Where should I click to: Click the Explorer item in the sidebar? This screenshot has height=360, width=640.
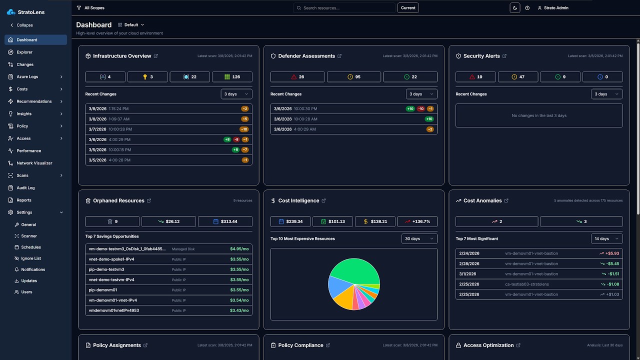click(x=24, y=52)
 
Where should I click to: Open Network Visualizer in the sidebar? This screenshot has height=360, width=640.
click(x=34, y=163)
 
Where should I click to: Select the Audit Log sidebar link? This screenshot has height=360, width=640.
click(x=25, y=188)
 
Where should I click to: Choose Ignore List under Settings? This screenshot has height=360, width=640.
click(x=31, y=258)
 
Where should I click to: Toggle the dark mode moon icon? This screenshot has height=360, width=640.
click(x=514, y=8)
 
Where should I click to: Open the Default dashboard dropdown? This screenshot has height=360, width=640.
click(x=131, y=24)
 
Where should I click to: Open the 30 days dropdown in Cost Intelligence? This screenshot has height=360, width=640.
click(x=419, y=238)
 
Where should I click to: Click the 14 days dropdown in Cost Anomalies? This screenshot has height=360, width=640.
click(x=606, y=238)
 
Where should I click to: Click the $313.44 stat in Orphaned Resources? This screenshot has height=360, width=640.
click(x=225, y=221)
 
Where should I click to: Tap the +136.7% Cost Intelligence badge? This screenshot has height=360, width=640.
click(x=417, y=221)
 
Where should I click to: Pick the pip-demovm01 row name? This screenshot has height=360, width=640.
click(x=103, y=290)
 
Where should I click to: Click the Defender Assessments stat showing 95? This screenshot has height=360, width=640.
click(x=353, y=77)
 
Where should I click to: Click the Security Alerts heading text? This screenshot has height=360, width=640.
click(x=481, y=56)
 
